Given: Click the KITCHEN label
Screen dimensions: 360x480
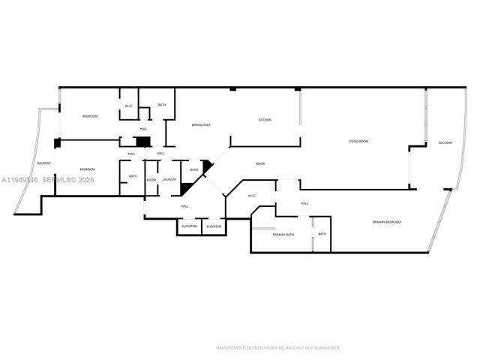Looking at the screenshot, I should coord(265,120).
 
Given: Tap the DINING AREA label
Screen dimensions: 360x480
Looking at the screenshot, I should coord(201,125).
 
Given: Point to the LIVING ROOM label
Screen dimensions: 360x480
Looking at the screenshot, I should coord(358,141).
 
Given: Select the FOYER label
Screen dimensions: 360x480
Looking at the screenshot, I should coord(260,163).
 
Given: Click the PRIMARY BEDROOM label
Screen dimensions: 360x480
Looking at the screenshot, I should coord(388,222).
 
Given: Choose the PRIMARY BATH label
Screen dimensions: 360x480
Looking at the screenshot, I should coord(283,235).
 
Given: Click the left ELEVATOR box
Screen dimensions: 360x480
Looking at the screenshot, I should coord(190,226).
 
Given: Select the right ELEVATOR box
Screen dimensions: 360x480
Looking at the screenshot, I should coord(214,226).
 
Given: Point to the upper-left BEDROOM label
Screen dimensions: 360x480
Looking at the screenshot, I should coord(90,116).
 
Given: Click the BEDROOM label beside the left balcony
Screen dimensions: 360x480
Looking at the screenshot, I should coord(88,169).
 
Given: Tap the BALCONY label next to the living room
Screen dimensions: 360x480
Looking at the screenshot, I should coord(445,142).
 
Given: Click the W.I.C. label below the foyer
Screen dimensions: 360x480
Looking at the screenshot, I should coord(251,196).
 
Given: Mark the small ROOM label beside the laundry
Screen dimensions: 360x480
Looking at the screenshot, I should coord(151,179).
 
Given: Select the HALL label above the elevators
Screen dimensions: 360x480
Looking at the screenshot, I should coord(184,206).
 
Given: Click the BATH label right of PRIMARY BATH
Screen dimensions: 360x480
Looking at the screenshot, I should coord(322,234).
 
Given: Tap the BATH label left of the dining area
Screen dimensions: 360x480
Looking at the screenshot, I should coord(162,105).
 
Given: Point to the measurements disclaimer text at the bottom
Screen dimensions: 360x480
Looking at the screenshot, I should coord(277,348).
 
